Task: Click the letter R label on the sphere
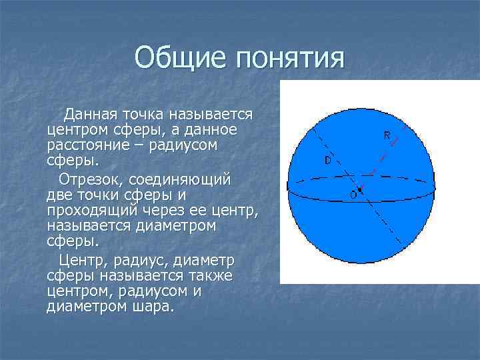387,135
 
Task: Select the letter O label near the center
353,195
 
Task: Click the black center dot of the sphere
360,190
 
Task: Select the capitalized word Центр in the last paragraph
80,259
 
